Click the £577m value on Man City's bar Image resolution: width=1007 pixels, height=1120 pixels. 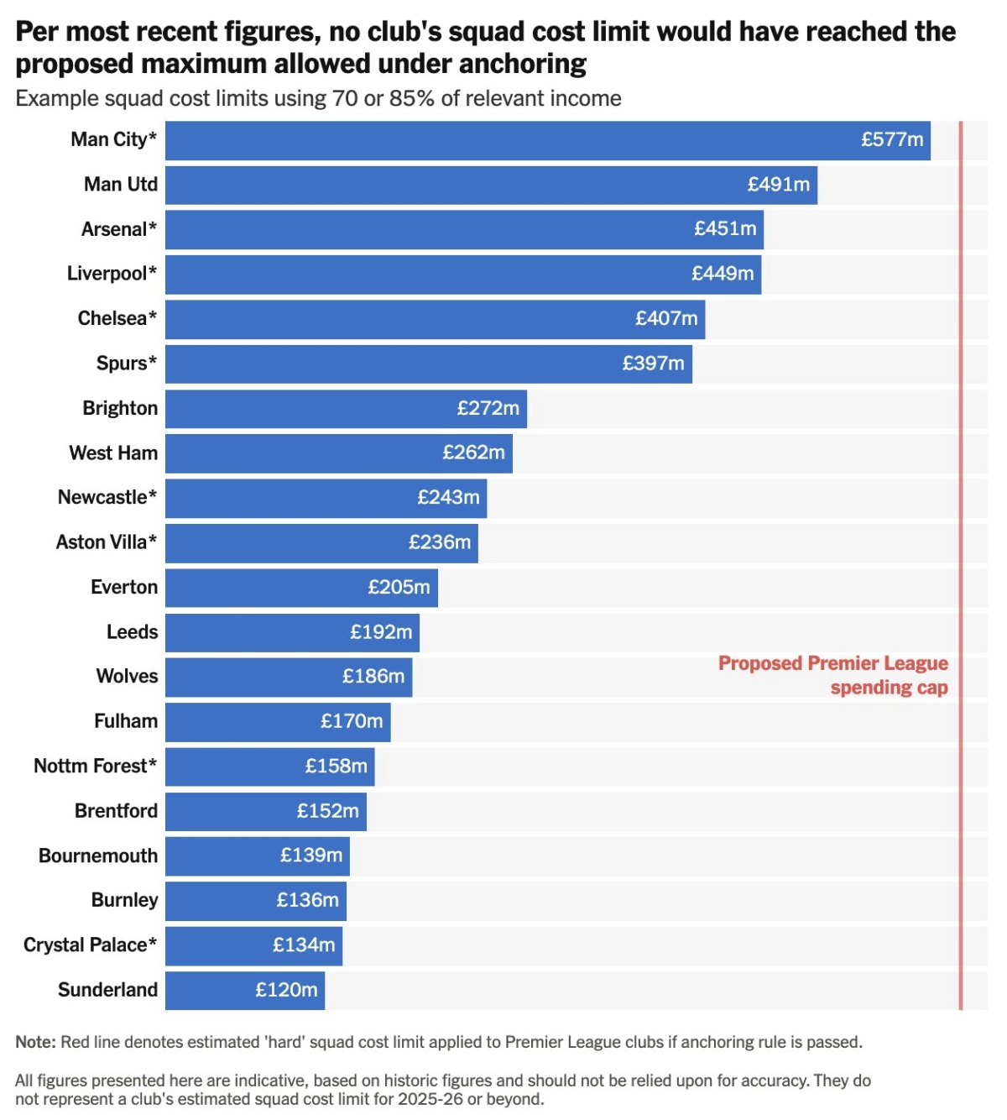click(892, 139)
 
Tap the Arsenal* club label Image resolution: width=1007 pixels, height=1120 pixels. click(118, 229)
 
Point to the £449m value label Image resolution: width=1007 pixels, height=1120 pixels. click(723, 274)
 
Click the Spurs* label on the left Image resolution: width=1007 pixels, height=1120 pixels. click(126, 364)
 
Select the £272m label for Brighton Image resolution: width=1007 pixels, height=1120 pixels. click(488, 408)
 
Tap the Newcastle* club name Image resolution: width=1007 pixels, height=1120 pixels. click(107, 497)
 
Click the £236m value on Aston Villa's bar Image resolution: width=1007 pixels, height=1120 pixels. click(440, 542)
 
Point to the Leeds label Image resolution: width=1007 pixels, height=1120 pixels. click(132, 632)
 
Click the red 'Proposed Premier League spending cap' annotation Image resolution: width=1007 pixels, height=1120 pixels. click(833, 675)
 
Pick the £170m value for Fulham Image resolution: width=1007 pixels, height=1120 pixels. click(352, 721)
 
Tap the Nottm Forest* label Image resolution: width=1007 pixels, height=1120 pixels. click(95, 766)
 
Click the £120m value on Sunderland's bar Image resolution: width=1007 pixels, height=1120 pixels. click(286, 990)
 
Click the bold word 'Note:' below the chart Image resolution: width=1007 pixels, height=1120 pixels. click(35, 1042)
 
